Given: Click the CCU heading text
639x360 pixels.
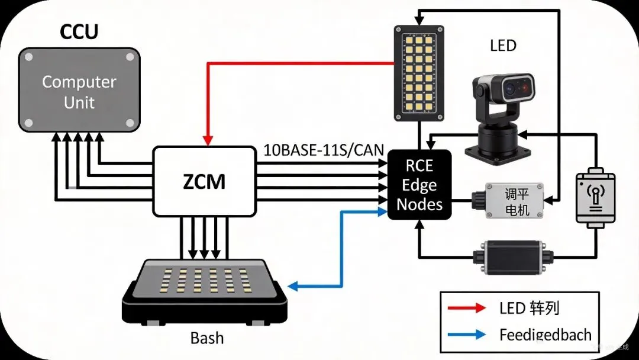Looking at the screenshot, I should pos(79,32).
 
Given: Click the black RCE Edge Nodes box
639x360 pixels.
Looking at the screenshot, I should pos(419,185).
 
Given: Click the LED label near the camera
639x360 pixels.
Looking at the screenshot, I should pos(503,46).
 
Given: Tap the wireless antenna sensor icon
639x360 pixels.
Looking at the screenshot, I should pos(595,197).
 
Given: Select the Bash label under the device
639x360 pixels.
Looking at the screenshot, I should pos(207,338).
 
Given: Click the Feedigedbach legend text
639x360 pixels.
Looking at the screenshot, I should pos(545,335).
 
